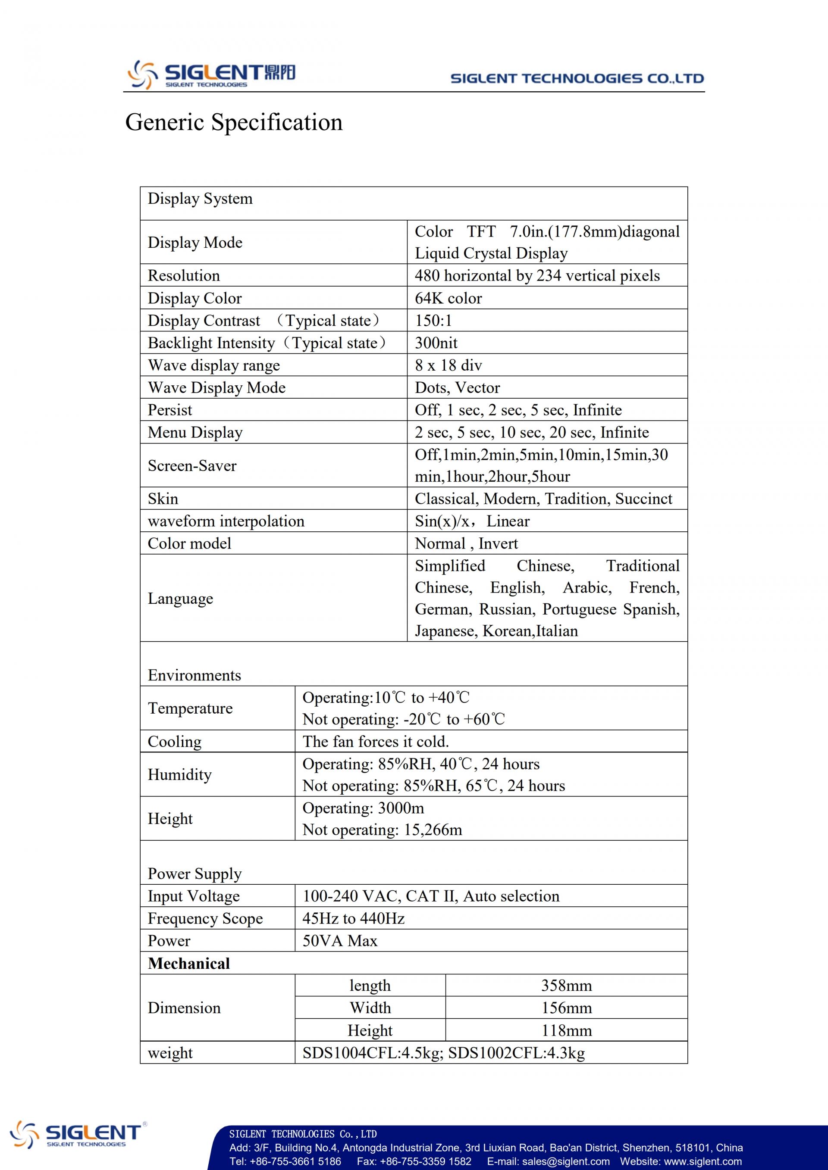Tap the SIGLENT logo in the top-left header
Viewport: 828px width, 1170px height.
pyautogui.click(x=211, y=75)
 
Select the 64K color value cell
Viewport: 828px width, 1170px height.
pyautogui.click(x=448, y=298)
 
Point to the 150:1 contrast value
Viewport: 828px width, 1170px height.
pyautogui.click(x=433, y=321)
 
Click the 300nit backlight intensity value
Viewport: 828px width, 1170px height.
pyautogui.click(x=436, y=343)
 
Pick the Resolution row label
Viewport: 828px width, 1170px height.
pyautogui.click(x=184, y=276)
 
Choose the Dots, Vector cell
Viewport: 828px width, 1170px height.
pyautogui.click(x=457, y=388)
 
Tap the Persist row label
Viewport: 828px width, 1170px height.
pyautogui.click(x=170, y=410)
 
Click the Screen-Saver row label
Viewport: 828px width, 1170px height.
pyautogui.click(x=192, y=466)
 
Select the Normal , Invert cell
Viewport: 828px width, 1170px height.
pyautogui.click(x=466, y=544)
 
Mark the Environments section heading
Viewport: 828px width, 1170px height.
pyautogui.click(x=194, y=675)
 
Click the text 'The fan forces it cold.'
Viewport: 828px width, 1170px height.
pyautogui.click(x=376, y=742)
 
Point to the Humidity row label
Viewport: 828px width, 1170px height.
pyautogui.click(x=179, y=774)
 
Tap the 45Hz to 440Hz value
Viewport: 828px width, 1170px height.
pyautogui.click(x=353, y=918)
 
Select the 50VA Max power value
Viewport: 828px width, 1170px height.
pyautogui.click(x=340, y=941)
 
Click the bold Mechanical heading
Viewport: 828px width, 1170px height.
pyautogui.click(x=188, y=964)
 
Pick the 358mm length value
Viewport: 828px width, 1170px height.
pyautogui.click(x=566, y=986)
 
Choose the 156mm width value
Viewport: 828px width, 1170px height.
pyautogui.click(x=566, y=1008)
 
